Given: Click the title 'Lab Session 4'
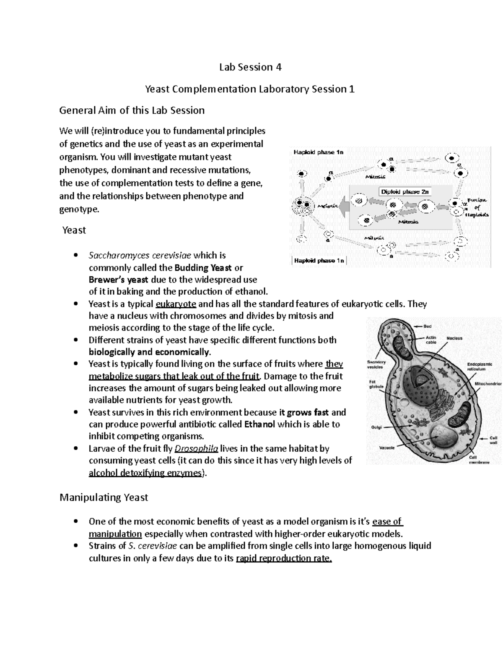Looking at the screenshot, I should click(x=250, y=67).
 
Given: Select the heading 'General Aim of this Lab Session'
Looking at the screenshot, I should click(x=132, y=110).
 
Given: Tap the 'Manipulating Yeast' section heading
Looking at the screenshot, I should click(x=104, y=498).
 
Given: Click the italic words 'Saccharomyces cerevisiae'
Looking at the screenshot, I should click(x=140, y=255).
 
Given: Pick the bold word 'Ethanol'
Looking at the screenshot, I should click(x=259, y=424).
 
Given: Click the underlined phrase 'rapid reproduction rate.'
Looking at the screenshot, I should click(x=284, y=558).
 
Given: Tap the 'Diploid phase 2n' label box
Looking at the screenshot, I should click(x=405, y=191).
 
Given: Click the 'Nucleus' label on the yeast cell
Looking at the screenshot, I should click(x=454, y=338).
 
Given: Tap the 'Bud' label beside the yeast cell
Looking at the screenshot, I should click(x=428, y=326).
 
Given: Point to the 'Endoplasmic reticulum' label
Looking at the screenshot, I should click(x=480, y=367).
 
